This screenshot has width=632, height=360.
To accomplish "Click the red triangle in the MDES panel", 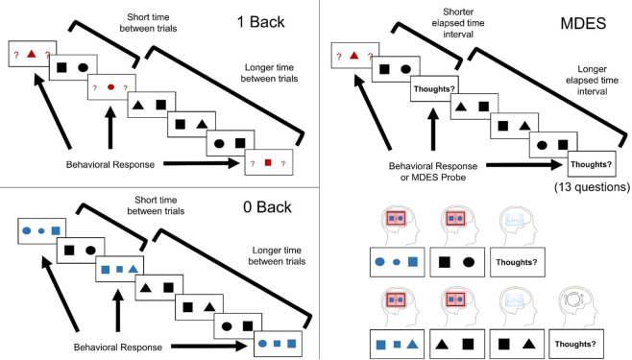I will point(354,56).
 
